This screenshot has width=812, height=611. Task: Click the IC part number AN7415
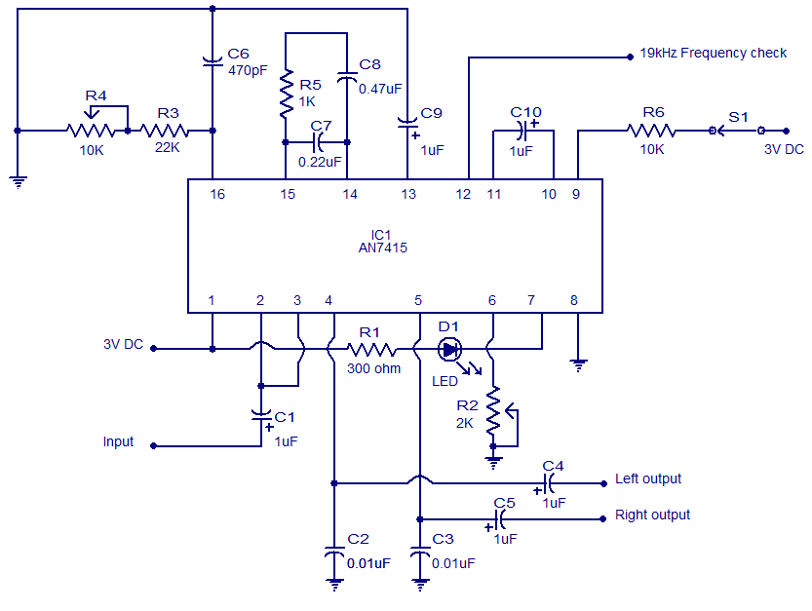(383, 248)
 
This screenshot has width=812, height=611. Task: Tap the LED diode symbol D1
(449, 350)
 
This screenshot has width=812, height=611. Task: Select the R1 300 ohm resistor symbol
(371, 350)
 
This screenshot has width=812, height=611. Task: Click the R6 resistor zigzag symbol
(651, 131)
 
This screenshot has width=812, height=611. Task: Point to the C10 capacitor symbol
(523, 131)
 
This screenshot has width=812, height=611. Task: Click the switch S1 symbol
(736, 131)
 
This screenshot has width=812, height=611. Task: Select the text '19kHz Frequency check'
(714, 53)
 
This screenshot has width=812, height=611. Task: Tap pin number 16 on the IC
(217, 194)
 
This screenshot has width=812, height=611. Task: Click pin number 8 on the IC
(574, 300)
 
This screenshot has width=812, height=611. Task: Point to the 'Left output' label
(648, 479)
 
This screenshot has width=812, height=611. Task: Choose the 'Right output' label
(652, 516)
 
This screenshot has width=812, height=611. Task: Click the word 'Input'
(118, 441)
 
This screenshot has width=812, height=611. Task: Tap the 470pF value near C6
(248, 70)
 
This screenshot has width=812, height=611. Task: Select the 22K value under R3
(168, 147)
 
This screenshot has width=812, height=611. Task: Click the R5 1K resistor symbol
(286, 94)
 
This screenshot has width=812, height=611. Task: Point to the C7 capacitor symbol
(318, 142)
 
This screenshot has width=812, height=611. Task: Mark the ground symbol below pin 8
(578, 365)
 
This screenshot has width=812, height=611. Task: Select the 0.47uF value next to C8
(380, 89)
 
